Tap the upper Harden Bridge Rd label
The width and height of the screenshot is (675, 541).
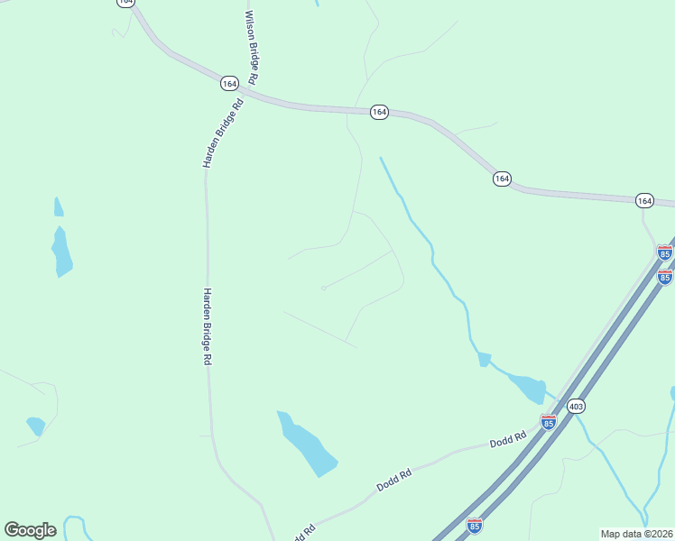[x=224, y=133]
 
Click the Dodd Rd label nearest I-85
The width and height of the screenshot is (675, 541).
[x=507, y=441]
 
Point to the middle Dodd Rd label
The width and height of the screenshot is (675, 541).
[x=393, y=479]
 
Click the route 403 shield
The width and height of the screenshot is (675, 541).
[x=576, y=407]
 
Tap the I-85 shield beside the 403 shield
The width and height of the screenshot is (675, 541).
[x=548, y=421]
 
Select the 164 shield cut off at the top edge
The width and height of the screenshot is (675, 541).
[x=125, y=3]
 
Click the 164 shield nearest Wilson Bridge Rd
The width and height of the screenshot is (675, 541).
[x=228, y=83]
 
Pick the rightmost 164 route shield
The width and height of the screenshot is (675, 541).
[x=643, y=199]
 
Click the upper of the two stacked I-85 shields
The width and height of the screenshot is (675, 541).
[x=664, y=252]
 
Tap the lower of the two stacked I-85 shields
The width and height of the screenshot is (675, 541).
[x=664, y=276]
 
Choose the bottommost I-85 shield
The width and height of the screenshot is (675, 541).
[x=475, y=525]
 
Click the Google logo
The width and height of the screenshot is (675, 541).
[x=30, y=529]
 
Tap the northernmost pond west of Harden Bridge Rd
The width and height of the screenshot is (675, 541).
[x=58, y=208]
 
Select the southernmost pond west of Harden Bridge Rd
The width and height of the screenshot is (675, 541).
[x=36, y=426]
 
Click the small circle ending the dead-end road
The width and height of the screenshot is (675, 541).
[x=323, y=289]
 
